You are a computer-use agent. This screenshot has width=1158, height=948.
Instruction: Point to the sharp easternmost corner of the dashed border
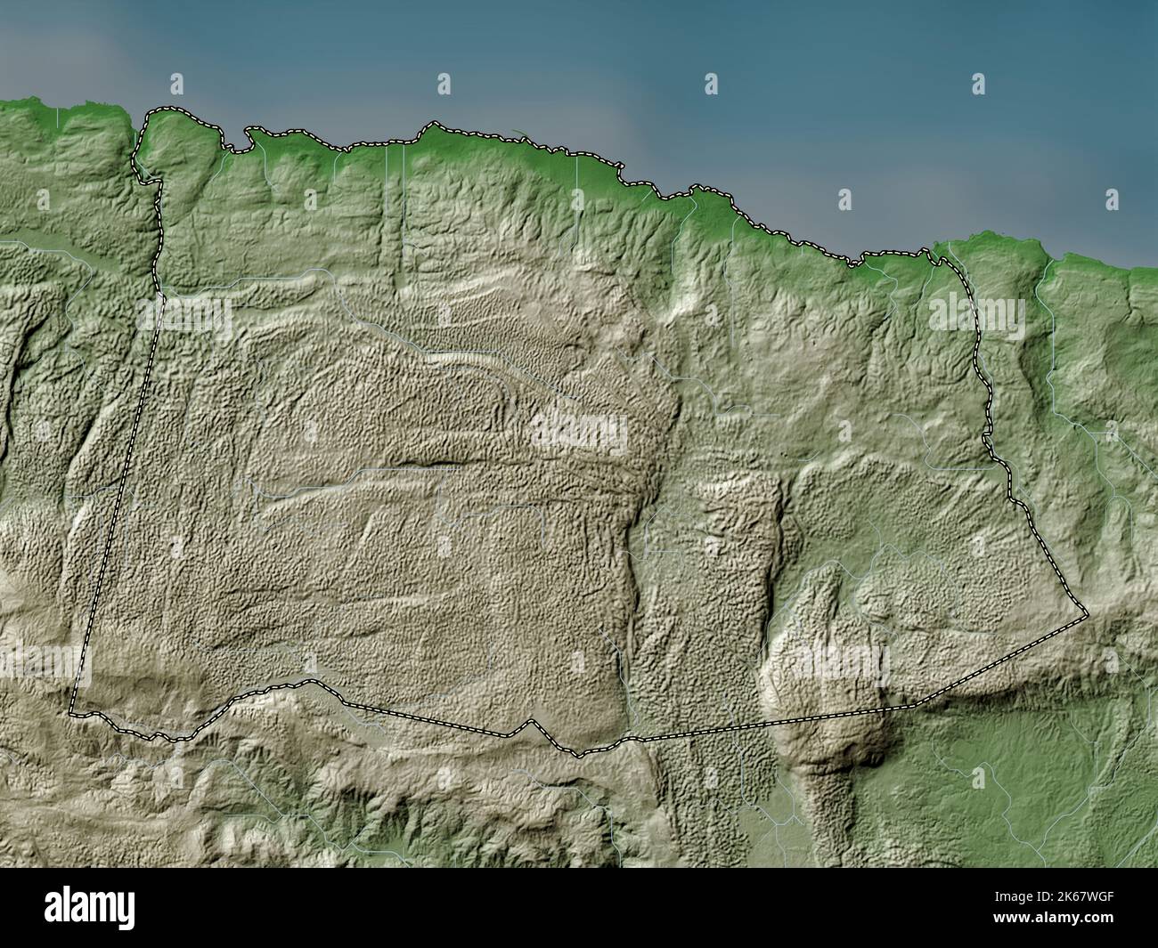(x=1087, y=614)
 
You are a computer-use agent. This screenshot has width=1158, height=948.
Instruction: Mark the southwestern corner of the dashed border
(x=71, y=712)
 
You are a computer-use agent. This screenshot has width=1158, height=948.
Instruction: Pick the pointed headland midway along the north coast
(x=434, y=125)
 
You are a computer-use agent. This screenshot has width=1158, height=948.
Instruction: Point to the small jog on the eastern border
(x=987, y=438)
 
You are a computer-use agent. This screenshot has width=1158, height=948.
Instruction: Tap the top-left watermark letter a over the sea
(x=176, y=83)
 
